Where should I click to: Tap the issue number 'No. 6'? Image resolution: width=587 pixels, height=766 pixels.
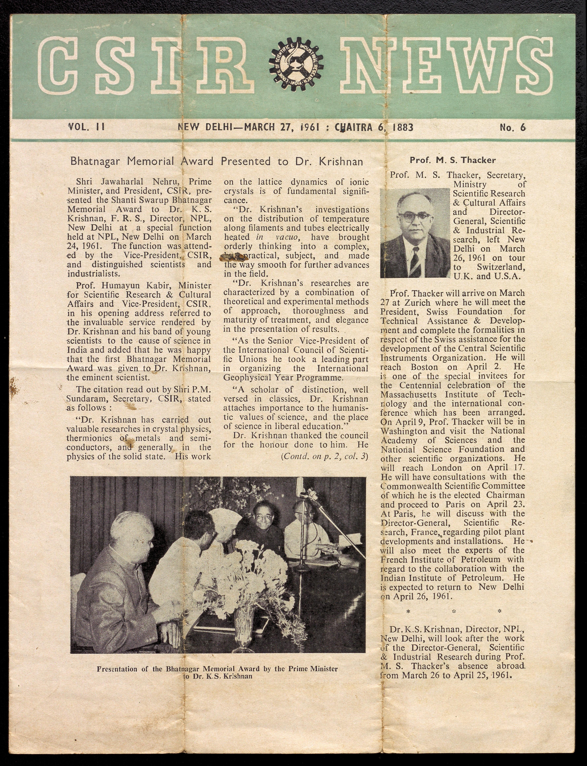(x=513, y=127)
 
